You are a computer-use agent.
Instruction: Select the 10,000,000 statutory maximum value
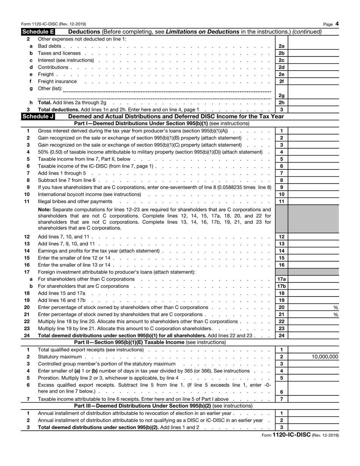click(x=325, y=357)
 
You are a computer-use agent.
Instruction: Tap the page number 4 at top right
click(x=337, y=24)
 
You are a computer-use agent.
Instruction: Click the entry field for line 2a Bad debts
click(x=314, y=46)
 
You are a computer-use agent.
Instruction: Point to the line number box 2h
click(x=281, y=103)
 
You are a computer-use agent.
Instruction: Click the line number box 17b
click(x=281, y=286)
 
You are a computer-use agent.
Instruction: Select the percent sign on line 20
click(x=336, y=308)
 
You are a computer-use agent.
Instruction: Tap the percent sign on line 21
click(x=336, y=315)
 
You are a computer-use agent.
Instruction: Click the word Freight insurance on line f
click(x=57, y=82)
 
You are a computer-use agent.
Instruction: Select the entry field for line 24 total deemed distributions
click(x=314, y=336)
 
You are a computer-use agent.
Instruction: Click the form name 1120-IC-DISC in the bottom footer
click(x=291, y=435)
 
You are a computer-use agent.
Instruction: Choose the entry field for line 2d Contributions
click(x=314, y=67)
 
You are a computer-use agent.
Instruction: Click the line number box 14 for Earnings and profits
click(x=281, y=251)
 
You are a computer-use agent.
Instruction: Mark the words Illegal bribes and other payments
click(x=75, y=201)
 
